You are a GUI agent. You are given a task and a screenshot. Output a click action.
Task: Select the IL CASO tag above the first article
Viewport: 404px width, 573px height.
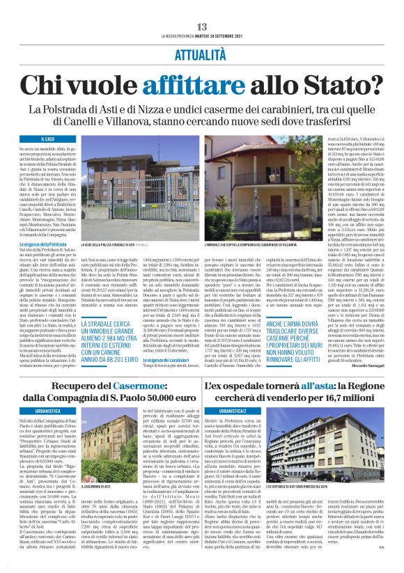pyautogui.click(x=48, y=139)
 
